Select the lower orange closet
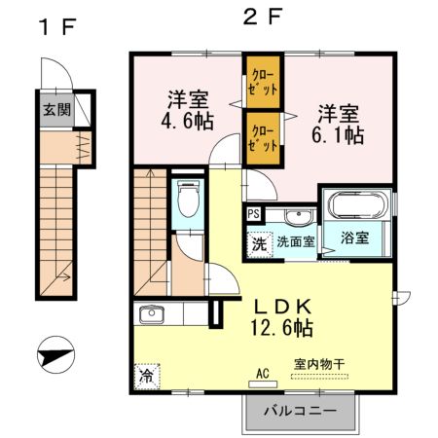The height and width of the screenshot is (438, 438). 262,137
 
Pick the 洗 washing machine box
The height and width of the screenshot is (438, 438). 259,243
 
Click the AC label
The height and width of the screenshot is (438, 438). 262,373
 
